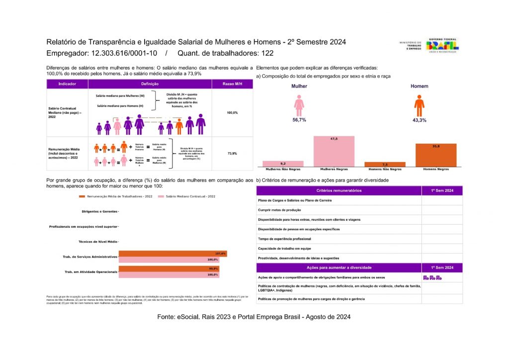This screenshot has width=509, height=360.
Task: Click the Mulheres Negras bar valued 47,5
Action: click(x=334, y=151)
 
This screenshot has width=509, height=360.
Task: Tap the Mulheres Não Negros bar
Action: click(x=283, y=164)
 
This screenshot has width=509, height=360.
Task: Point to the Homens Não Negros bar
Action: click(x=385, y=164)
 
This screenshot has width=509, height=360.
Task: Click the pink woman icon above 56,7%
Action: click(x=299, y=105)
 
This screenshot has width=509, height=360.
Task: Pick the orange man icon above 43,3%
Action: click(x=420, y=105)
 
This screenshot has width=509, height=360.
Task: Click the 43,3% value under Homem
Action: click(x=420, y=120)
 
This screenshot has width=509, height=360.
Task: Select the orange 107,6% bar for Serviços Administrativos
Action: click(x=172, y=254)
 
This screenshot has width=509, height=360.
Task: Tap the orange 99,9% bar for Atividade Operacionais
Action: click(x=169, y=269)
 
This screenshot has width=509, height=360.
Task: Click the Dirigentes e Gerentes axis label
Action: click(x=99, y=212)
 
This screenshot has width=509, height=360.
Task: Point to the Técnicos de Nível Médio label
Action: click(x=98, y=242)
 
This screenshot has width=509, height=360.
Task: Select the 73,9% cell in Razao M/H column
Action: click(x=232, y=154)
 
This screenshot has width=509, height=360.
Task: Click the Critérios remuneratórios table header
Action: click(x=339, y=190)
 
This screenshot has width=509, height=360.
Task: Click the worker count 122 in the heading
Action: click(x=267, y=53)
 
